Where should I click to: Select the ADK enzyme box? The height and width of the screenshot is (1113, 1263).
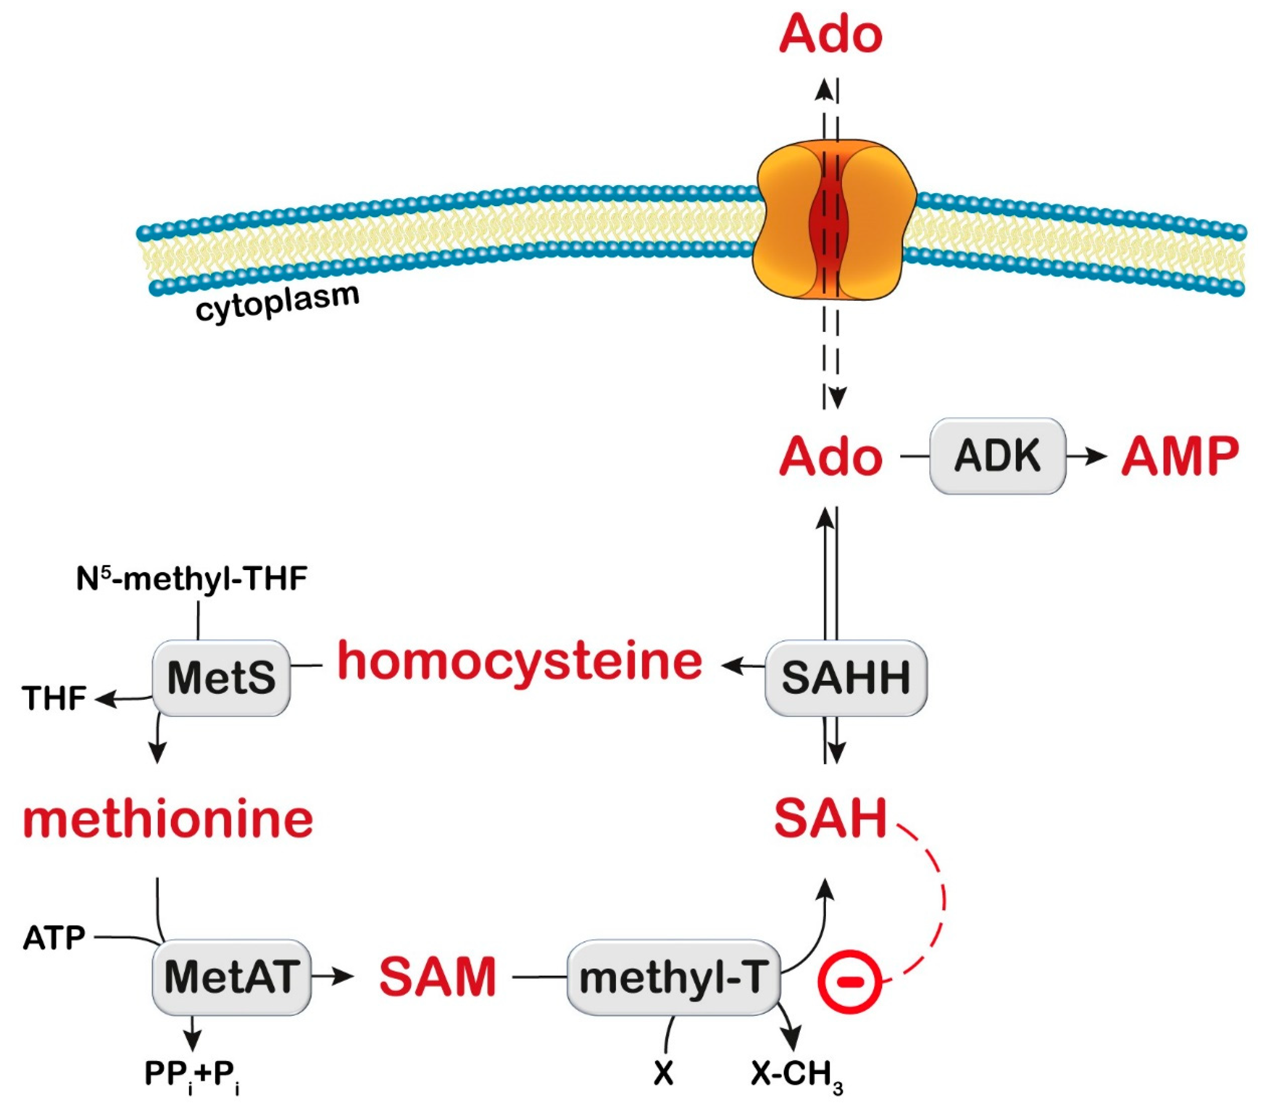[x=997, y=456]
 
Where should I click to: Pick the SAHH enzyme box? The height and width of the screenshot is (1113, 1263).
[x=845, y=678]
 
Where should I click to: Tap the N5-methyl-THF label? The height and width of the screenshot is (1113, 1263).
[x=191, y=580]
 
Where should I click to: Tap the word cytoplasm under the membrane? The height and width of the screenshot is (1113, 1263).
[x=277, y=302]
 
